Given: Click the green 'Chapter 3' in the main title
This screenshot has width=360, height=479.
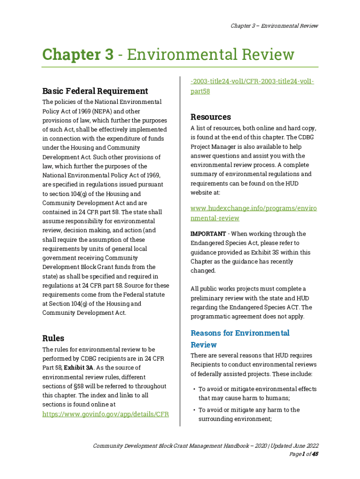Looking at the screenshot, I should (78, 55).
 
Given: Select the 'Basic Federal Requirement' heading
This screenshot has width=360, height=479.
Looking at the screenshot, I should (95, 91).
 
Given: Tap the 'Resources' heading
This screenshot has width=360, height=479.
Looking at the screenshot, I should (211, 116).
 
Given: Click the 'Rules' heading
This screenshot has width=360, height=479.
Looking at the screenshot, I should (53, 338).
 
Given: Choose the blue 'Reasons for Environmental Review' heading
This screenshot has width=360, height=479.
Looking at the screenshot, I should (240, 339).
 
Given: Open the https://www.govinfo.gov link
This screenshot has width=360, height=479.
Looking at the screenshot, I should (105, 414).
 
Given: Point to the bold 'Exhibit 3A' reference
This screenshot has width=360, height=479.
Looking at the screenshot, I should (80, 368).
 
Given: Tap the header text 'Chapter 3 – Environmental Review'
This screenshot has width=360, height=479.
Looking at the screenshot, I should (274, 26).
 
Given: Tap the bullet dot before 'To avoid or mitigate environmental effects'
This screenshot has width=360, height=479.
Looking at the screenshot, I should (194, 389).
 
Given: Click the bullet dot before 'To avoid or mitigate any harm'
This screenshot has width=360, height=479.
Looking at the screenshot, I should (194, 410).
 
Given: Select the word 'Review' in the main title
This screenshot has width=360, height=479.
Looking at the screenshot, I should (266, 55).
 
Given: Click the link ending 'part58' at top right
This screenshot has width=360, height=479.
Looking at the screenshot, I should (200, 91).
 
